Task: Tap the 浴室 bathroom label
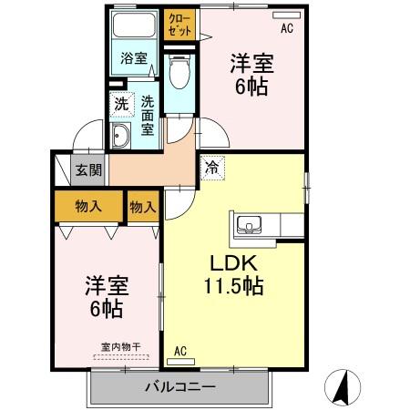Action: [x=134, y=59]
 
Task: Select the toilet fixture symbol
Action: [x=179, y=68]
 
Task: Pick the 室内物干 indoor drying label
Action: [x=121, y=346]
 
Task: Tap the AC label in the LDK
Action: [x=179, y=351]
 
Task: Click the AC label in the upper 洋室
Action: [x=287, y=28]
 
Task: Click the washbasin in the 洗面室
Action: [x=120, y=138]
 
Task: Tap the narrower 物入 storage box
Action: [x=143, y=207]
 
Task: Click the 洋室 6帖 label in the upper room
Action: [x=251, y=75]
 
